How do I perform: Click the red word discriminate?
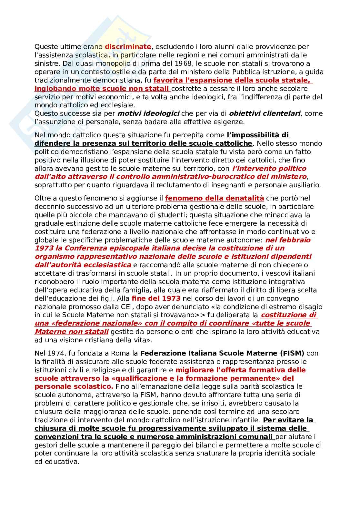(128, 47)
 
